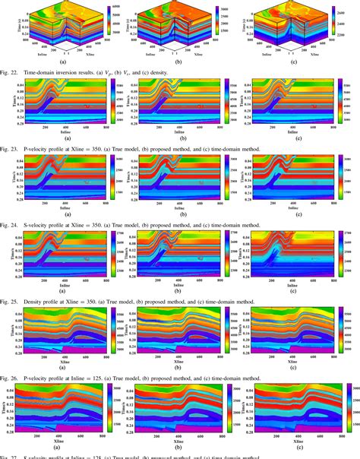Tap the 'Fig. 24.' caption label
click(x=11, y=225)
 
